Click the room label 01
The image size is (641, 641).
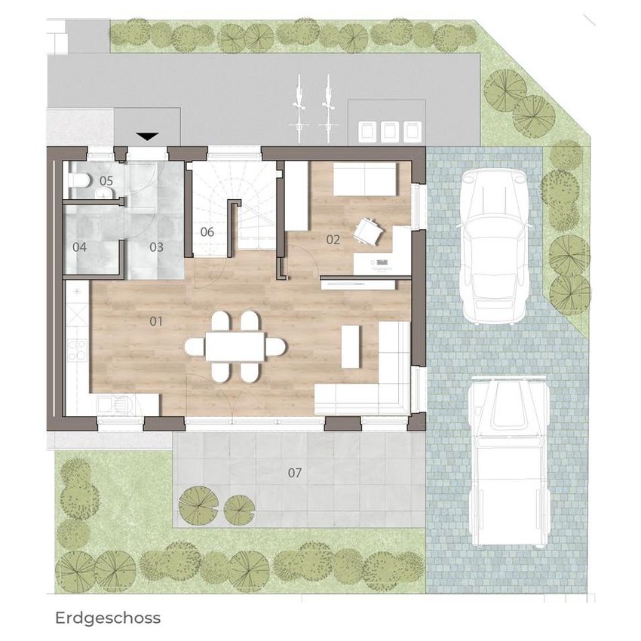click(x=156, y=321)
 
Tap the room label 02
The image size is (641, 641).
click(x=333, y=240)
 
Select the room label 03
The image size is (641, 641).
click(x=156, y=247)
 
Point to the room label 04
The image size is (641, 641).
click(x=79, y=247)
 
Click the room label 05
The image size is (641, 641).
click(x=106, y=180)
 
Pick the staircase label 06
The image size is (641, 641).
click(x=207, y=232)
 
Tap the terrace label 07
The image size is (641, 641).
click(x=295, y=473)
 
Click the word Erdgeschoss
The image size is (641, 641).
click(x=108, y=618)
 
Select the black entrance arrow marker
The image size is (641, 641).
click(x=147, y=136)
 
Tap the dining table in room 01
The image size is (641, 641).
click(x=235, y=346)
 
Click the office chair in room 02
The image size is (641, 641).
click(x=368, y=232)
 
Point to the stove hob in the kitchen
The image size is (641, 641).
click(x=77, y=351)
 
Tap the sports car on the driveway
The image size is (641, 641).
click(x=495, y=247)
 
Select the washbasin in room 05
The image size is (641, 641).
click(x=103, y=192)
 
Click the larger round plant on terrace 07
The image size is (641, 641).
click(x=198, y=505)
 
